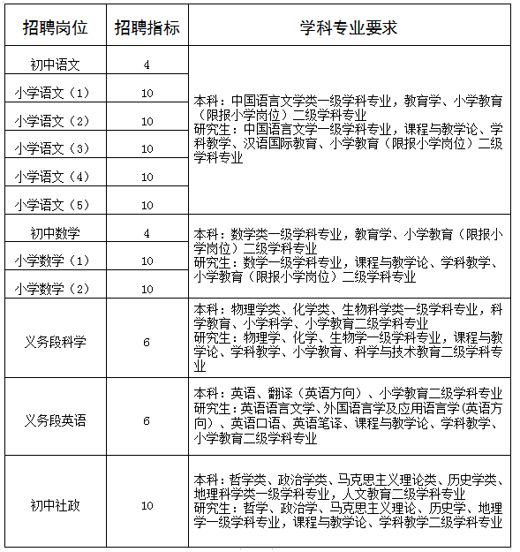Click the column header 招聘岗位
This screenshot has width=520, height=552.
pyautogui.click(x=56, y=27)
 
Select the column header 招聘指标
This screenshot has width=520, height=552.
pyautogui.click(x=147, y=27)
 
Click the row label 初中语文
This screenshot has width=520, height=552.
pyautogui.click(x=56, y=64)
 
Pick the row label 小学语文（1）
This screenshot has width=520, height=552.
pyautogui.click(x=54, y=92)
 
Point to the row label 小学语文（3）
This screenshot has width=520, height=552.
pyautogui.click(x=54, y=147)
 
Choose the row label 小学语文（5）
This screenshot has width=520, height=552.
pyautogui.click(x=54, y=204)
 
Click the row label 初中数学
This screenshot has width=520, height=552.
pyautogui.click(x=56, y=233)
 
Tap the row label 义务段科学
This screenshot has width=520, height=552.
pyautogui.click(x=56, y=342)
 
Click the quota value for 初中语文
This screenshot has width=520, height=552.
pyautogui.click(x=147, y=64)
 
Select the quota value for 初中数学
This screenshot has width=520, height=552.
pyautogui.click(x=147, y=233)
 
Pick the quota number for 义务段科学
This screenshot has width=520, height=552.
pyautogui.click(x=147, y=342)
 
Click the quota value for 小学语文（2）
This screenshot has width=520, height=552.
pyautogui.click(x=147, y=120)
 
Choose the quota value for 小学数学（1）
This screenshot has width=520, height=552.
pyautogui.click(x=147, y=261)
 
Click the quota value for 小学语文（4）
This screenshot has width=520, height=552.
pyautogui.click(x=147, y=177)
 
